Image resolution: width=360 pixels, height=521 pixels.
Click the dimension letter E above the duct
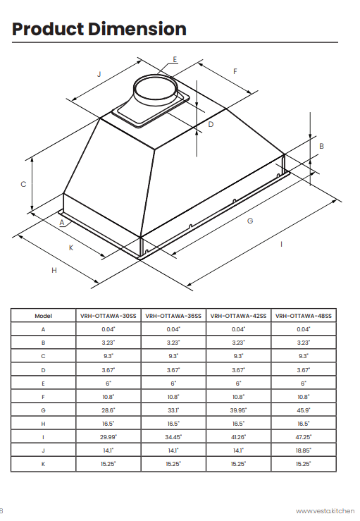(x=175, y=59)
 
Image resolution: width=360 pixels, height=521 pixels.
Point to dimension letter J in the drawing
(x=99, y=74)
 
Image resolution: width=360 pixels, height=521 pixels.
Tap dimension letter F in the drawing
(x=235, y=71)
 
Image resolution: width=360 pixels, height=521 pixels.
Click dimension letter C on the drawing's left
(x=23, y=184)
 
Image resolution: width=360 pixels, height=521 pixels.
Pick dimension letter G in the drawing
(x=250, y=221)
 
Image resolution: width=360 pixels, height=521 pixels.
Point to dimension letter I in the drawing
(x=281, y=244)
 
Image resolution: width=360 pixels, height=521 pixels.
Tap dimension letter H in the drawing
(x=54, y=270)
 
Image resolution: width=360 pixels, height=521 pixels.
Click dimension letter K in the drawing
(x=70, y=247)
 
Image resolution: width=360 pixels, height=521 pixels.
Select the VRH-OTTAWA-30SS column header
(x=108, y=316)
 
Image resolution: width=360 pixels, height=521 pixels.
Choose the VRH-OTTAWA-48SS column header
(x=303, y=316)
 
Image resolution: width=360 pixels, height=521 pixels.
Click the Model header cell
(x=43, y=316)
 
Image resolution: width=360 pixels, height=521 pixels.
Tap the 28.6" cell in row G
(x=108, y=410)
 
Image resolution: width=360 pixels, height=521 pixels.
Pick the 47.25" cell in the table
(x=303, y=437)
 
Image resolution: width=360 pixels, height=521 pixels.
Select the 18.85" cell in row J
(x=303, y=450)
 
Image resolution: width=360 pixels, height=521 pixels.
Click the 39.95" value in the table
(x=238, y=410)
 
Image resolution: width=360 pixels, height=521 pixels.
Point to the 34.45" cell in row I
(x=173, y=437)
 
